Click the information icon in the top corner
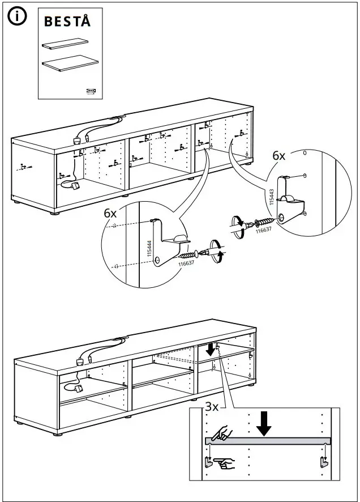pos(16,17)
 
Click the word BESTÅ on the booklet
pos(67,22)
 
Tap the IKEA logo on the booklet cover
pos(91,89)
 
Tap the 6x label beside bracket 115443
pos(280,155)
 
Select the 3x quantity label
pos(212,406)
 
